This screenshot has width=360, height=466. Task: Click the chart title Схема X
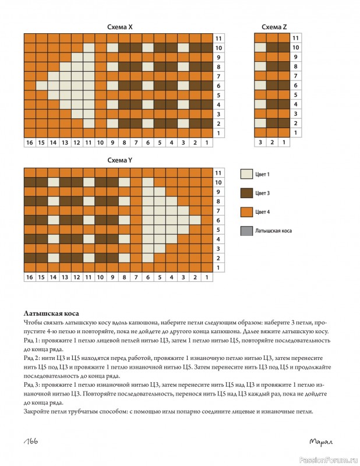tap(120, 27)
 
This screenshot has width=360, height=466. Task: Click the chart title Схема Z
tap(274, 27)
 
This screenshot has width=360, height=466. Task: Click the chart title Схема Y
tap(120, 161)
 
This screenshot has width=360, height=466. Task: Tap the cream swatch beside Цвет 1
tap(246, 174)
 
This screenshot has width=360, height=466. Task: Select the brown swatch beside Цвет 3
tap(246, 192)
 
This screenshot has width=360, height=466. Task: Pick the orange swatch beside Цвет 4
tap(246, 211)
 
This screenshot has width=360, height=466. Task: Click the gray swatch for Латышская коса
tap(246, 231)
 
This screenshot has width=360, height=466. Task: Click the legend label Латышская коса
tap(274, 231)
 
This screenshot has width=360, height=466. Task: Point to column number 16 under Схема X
tap(29, 143)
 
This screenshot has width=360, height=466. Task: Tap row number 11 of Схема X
tap(218, 38)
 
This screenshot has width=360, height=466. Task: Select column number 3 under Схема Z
tap(260, 143)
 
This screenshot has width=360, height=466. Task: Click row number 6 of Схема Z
tap(296, 85)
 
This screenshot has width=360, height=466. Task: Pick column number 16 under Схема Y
tap(29, 277)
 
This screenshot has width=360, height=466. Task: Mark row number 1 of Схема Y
tap(218, 267)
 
